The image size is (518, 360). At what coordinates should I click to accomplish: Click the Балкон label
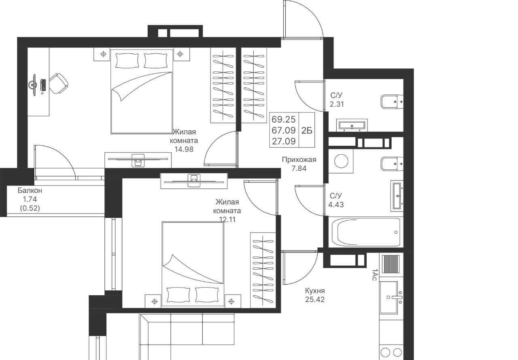click(x=30, y=190)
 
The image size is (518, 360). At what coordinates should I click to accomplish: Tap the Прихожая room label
click(x=299, y=160)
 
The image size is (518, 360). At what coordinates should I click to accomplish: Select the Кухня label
click(x=315, y=291)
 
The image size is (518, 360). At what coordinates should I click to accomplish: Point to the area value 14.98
click(x=184, y=149)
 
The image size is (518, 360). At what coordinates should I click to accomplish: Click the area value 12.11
click(x=227, y=219)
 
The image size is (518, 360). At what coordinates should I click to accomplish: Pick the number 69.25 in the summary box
click(x=284, y=119)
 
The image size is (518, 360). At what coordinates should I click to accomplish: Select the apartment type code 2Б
click(x=307, y=131)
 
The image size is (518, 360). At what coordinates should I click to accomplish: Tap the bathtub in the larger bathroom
click(x=366, y=232)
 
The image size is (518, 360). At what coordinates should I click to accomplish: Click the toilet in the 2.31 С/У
click(x=392, y=102)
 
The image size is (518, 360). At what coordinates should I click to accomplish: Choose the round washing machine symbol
click(x=341, y=161)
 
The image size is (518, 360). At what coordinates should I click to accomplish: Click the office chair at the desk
click(x=59, y=83)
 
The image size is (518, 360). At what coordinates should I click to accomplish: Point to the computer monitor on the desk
click(x=34, y=85)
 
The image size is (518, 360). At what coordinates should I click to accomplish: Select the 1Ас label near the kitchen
click(x=374, y=275)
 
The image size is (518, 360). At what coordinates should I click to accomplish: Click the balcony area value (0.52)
click(x=30, y=208)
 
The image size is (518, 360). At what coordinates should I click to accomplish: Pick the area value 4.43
click(x=336, y=205)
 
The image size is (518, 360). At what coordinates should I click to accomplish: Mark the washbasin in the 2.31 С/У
click(x=352, y=126)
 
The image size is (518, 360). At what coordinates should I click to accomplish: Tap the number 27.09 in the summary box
click(x=284, y=141)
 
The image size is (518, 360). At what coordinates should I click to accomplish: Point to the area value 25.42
click(x=315, y=299)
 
